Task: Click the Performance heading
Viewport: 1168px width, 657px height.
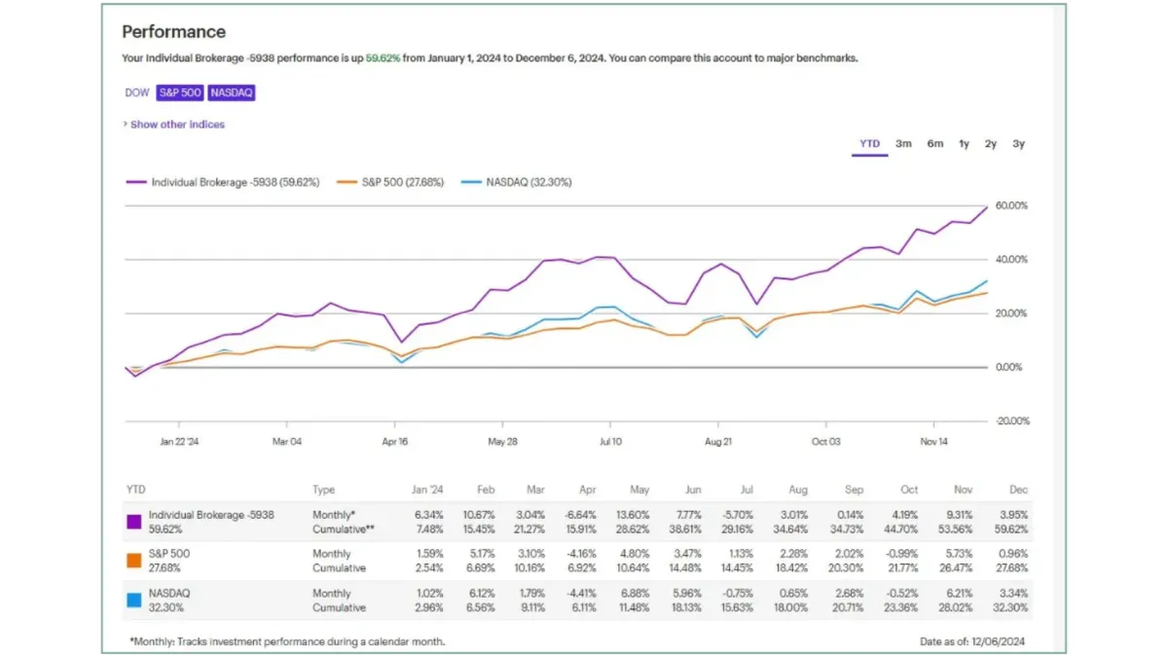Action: pyautogui.click(x=173, y=32)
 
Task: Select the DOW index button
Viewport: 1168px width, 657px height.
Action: pyautogui.click(x=136, y=92)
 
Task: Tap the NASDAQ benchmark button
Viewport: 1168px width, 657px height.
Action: pyautogui.click(x=231, y=92)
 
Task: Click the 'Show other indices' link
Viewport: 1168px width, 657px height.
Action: pyautogui.click(x=175, y=125)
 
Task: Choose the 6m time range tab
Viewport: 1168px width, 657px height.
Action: pyautogui.click(x=934, y=144)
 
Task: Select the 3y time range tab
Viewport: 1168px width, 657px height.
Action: pyautogui.click(x=1018, y=144)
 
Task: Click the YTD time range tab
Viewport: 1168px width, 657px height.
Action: pyautogui.click(x=869, y=144)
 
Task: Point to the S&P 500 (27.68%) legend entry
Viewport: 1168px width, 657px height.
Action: pyautogui.click(x=390, y=182)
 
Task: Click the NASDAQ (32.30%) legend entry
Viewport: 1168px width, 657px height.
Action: pyautogui.click(x=517, y=182)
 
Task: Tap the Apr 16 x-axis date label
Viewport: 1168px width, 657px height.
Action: pyautogui.click(x=395, y=441)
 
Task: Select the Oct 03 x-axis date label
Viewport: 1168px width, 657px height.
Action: pyautogui.click(x=825, y=441)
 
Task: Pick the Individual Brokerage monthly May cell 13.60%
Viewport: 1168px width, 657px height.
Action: pyautogui.click(x=633, y=514)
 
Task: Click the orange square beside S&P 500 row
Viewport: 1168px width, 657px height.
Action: pyautogui.click(x=134, y=561)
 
